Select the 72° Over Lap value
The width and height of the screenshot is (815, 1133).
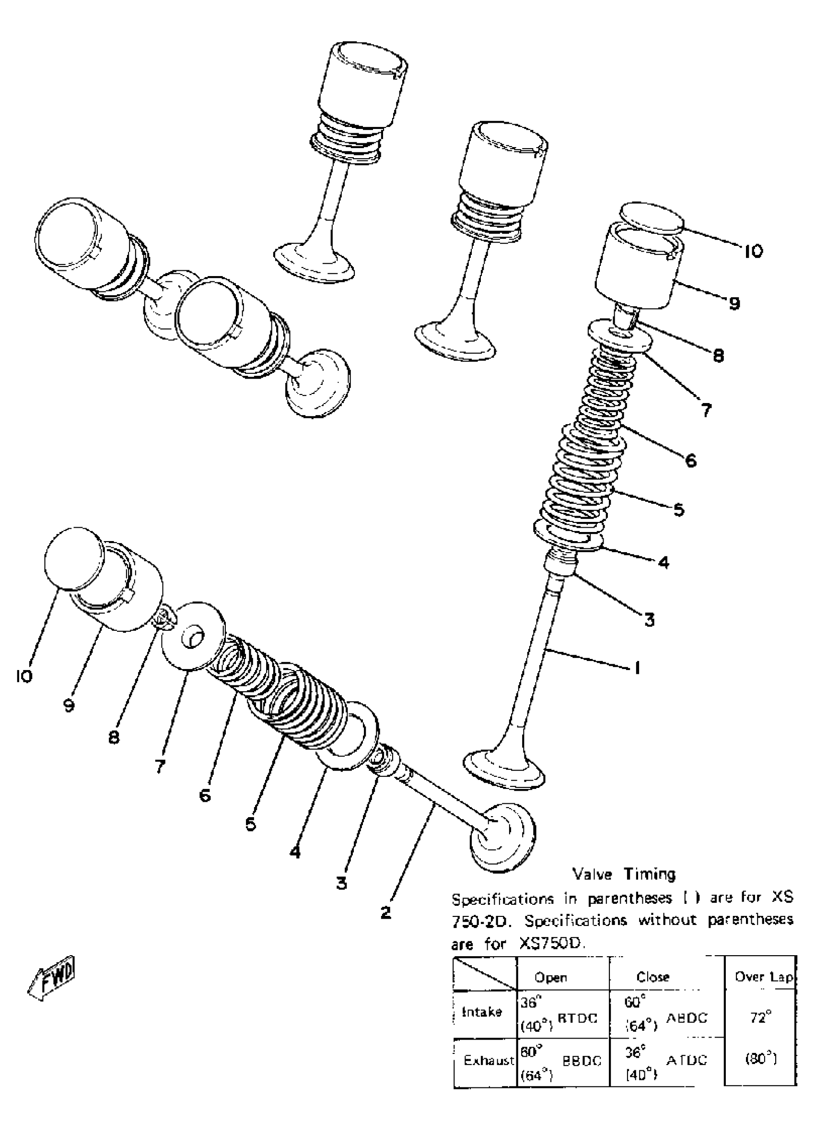pyautogui.click(x=761, y=1016)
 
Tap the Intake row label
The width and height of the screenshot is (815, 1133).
pyautogui.click(x=482, y=1012)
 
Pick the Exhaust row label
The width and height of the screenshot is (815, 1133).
pyautogui.click(x=489, y=1061)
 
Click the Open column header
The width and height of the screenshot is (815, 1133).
pyautogui.click(x=551, y=977)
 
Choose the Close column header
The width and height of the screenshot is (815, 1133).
pyautogui.click(x=652, y=977)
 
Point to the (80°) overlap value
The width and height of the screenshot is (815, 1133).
pyautogui.click(x=760, y=1059)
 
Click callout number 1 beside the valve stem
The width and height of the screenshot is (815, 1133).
pyautogui.click(x=637, y=668)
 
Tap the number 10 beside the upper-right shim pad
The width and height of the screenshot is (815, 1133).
pyautogui.click(x=754, y=251)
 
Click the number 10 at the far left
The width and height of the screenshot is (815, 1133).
pyautogui.click(x=23, y=676)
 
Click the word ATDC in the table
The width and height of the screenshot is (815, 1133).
pyautogui.click(x=687, y=1060)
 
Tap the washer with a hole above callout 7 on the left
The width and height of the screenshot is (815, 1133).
pyautogui.click(x=193, y=636)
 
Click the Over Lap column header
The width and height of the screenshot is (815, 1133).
pyautogui.click(x=764, y=977)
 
